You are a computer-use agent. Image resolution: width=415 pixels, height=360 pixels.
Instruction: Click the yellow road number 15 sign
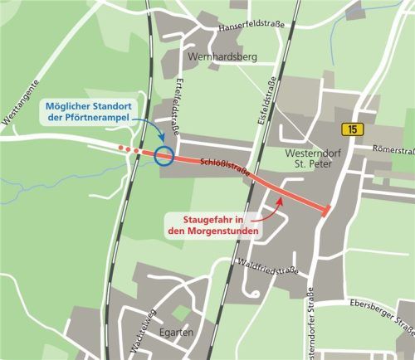(x=353, y=129)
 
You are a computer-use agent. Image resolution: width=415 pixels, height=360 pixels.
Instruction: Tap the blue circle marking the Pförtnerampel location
(x=164, y=155)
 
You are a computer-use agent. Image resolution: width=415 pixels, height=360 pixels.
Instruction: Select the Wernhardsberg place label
(x=223, y=56)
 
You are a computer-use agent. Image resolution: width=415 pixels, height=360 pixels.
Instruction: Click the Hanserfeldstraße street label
(x=251, y=27)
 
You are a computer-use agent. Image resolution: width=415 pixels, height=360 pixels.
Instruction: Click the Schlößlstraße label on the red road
(x=225, y=167)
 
